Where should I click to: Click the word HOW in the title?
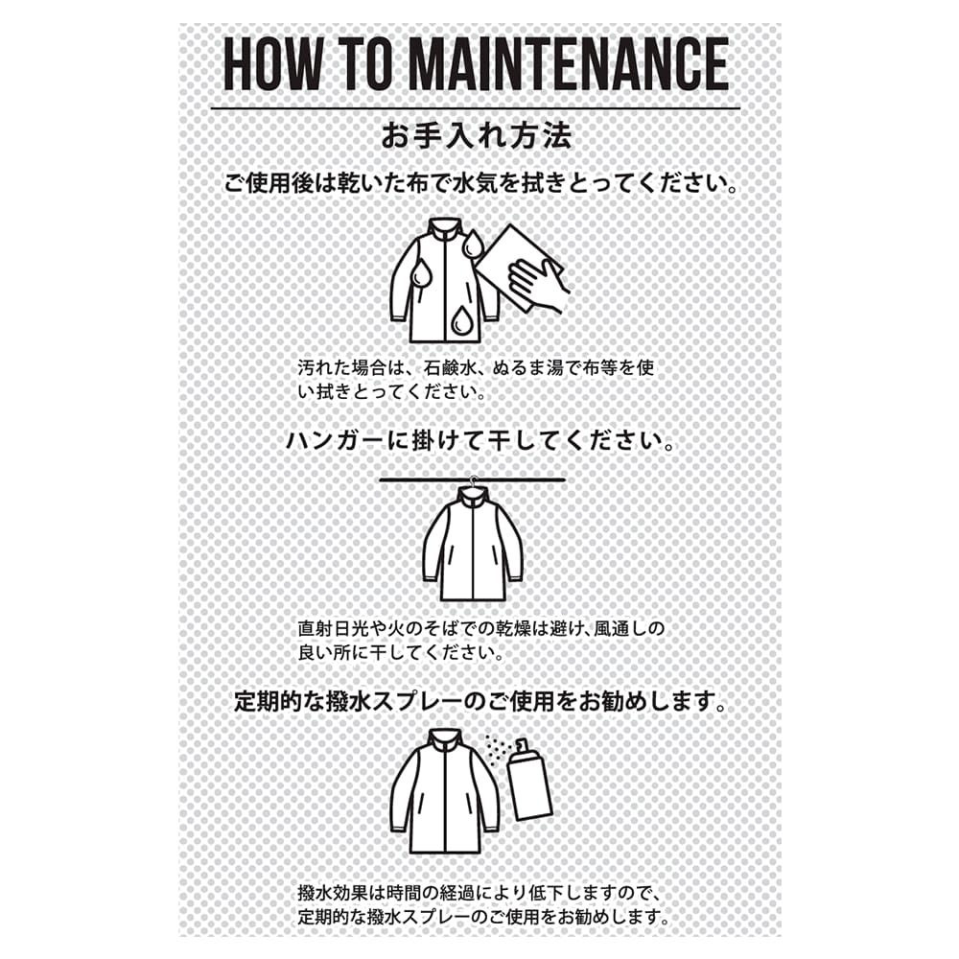pos(271,63)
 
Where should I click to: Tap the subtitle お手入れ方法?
pos(477,136)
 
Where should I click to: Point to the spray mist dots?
pos(498,748)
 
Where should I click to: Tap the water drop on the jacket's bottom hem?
pos(459,321)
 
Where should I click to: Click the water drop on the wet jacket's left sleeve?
pos(421,272)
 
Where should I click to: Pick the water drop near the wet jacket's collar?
pos(472,245)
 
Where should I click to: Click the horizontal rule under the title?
pos(476,109)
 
